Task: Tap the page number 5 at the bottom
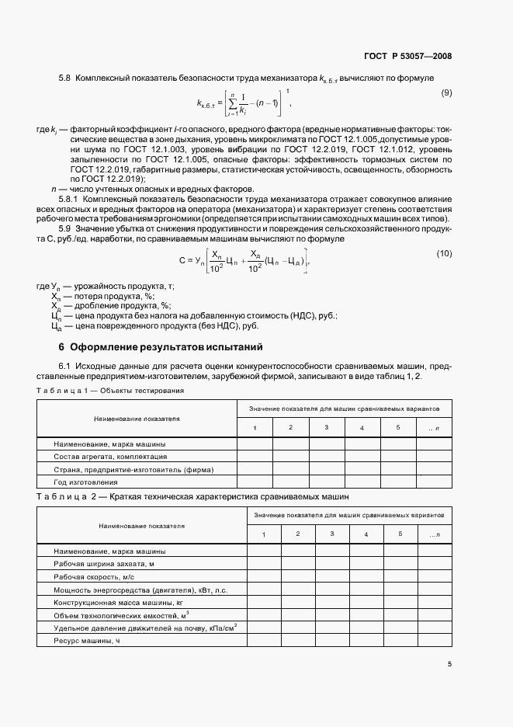click(x=449, y=663)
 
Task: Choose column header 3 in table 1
click(x=326, y=428)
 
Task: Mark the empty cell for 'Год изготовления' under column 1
click(x=254, y=482)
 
